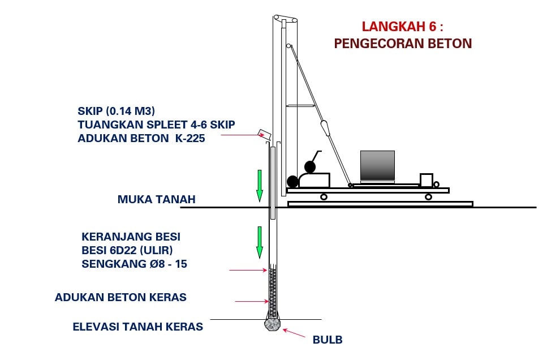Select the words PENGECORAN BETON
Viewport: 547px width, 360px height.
point(403,43)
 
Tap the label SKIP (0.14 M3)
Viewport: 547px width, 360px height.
point(116,111)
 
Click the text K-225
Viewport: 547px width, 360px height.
point(190,138)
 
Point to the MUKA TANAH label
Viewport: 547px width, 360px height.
point(156,199)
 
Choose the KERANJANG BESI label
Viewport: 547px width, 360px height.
point(131,237)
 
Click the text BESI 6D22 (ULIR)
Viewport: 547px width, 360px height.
point(127,250)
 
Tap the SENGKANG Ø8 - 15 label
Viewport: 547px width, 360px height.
point(134,264)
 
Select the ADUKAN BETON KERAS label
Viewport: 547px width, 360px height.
point(120,297)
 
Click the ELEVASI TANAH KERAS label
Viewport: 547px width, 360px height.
point(138,327)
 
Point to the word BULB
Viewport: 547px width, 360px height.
point(328,340)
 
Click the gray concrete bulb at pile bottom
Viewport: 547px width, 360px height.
point(273,324)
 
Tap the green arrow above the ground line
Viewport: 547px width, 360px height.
point(260,186)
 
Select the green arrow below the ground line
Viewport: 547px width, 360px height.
point(260,242)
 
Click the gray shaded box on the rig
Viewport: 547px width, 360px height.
point(377,165)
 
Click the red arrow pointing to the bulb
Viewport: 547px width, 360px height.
point(294,333)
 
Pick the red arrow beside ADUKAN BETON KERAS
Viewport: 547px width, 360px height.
point(252,301)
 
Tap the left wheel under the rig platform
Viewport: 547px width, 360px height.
point(324,197)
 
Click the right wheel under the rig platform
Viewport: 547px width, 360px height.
point(428,197)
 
